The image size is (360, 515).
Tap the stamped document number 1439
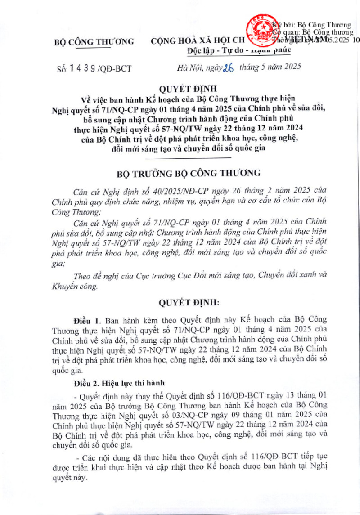tap(81, 68)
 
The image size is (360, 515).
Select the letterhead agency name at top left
tap(94, 42)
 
